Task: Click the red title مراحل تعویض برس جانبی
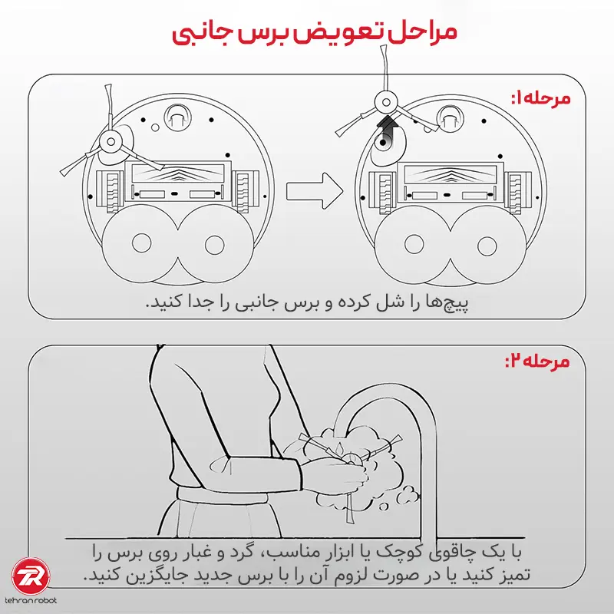click(x=314, y=32)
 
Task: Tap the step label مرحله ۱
click(x=540, y=98)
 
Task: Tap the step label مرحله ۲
click(x=537, y=361)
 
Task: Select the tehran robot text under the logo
click(x=31, y=600)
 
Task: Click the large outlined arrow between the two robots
click(x=315, y=191)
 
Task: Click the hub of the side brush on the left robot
click(x=111, y=142)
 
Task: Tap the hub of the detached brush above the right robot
click(x=386, y=102)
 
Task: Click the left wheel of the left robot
click(x=110, y=191)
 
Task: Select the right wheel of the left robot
click(x=245, y=190)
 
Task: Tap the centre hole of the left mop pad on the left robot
click(x=141, y=243)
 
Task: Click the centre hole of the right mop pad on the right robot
click(x=487, y=246)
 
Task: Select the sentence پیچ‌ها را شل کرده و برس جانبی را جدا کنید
click(x=308, y=303)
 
